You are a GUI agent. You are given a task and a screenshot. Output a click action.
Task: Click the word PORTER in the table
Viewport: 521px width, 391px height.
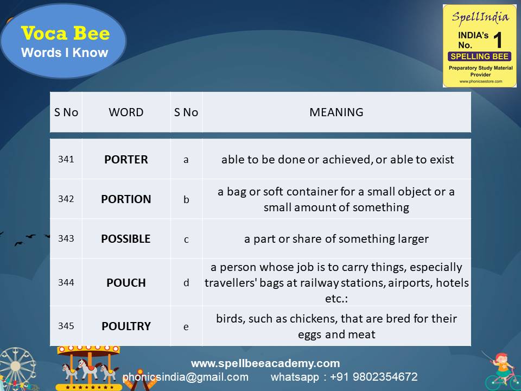point(126,160)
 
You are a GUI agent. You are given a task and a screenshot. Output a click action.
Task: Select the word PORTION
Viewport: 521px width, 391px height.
point(126,199)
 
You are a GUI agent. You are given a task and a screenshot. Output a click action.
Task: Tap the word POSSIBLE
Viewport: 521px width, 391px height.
point(126,239)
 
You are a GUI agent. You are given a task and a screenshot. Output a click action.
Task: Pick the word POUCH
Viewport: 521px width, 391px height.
point(126,283)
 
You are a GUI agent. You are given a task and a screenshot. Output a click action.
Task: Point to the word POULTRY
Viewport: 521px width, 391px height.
point(126,326)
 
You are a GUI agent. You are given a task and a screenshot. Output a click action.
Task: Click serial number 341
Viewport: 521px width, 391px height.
point(66,160)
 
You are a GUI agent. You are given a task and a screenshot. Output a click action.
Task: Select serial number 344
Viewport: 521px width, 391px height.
point(66,283)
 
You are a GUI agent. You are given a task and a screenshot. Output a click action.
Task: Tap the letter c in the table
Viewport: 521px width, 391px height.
point(186,239)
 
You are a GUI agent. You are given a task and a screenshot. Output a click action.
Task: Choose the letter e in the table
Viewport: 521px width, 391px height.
point(186,326)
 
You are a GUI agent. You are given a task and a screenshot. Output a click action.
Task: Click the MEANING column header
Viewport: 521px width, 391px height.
point(336,112)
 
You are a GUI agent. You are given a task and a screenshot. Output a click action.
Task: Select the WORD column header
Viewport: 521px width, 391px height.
point(126,112)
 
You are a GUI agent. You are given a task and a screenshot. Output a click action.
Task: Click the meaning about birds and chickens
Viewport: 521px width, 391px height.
point(336,326)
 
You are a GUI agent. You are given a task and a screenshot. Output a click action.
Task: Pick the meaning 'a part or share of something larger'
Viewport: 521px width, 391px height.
point(336,239)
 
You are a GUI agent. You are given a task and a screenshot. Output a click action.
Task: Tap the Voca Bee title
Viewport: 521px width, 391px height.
point(65,34)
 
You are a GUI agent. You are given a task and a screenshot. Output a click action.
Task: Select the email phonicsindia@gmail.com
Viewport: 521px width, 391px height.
point(186,377)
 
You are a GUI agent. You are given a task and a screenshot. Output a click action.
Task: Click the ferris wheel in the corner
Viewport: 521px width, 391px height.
point(16,369)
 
